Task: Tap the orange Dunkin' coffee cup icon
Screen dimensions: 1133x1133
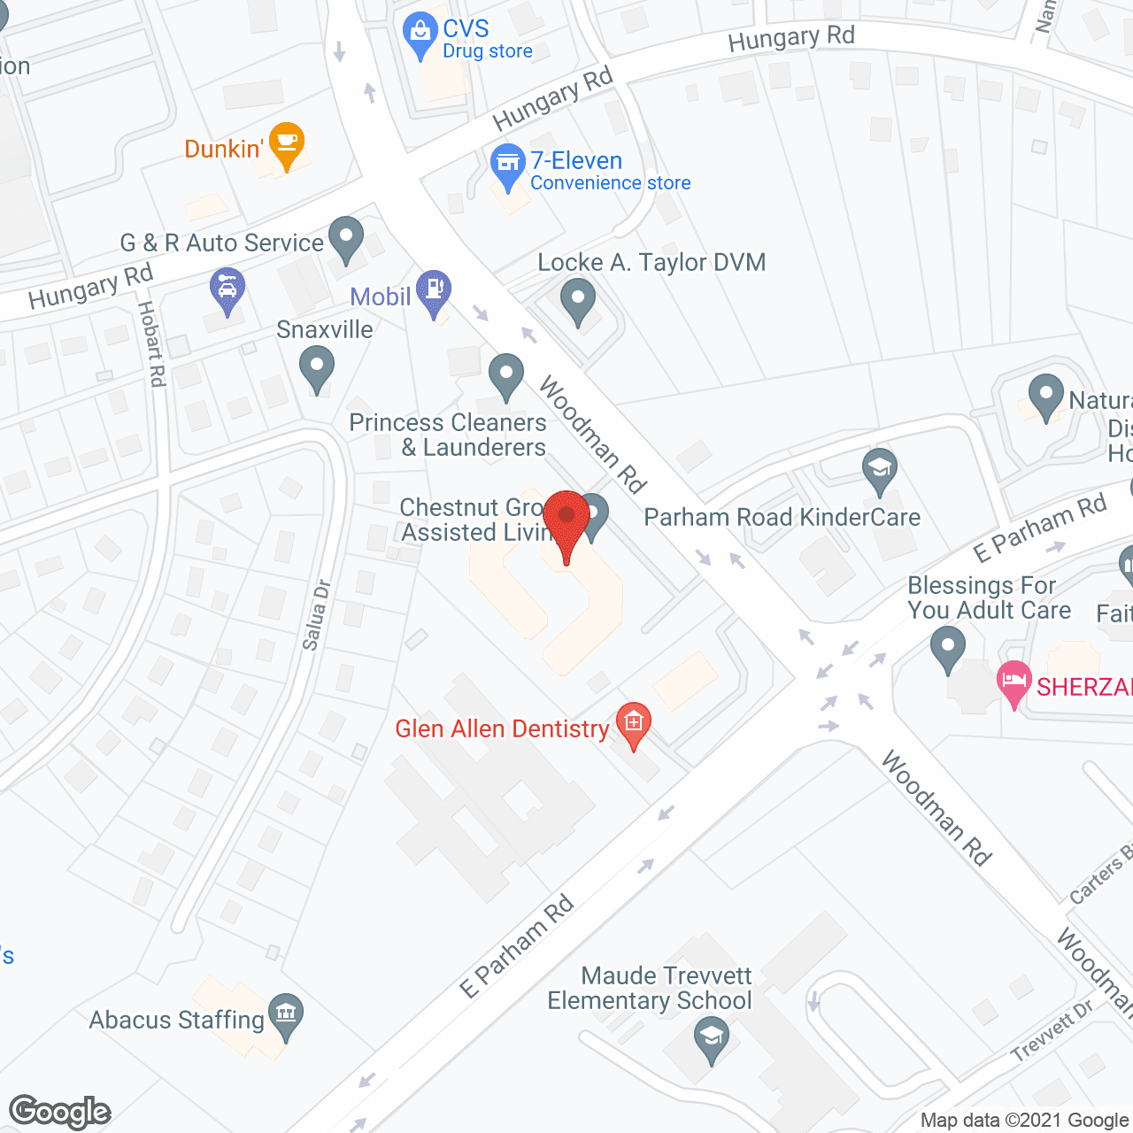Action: pyautogui.click(x=287, y=144)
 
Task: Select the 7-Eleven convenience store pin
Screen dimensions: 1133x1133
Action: pyautogui.click(x=507, y=166)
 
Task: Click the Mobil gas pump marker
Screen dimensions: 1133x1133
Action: pyautogui.click(x=434, y=290)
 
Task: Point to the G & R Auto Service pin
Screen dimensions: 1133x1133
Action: pyautogui.click(x=345, y=238)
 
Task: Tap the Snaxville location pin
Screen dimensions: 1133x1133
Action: pyautogui.click(x=316, y=367)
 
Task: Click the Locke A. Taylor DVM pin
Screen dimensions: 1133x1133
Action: pyautogui.click(x=578, y=300)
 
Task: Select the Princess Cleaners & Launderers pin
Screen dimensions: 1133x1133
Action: pyautogui.click(x=505, y=375)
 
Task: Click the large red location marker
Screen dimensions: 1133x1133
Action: pyautogui.click(x=566, y=522)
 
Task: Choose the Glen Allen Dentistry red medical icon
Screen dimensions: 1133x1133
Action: pyautogui.click(x=633, y=724)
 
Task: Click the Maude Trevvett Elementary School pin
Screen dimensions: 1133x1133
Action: pyautogui.click(x=711, y=1037)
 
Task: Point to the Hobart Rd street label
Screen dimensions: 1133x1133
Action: pyautogui.click(x=151, y=343)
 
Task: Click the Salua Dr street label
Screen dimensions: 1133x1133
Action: pyautogui.click(x=316, y=614)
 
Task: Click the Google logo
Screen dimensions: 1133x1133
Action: pyautogui.click(x=60, y=1112)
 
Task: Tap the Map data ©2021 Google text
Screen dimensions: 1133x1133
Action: pyautogui.click(x=1025, y=1121)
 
